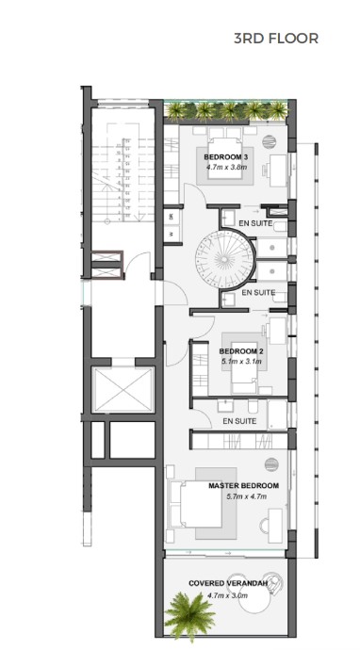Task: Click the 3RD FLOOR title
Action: click(276, 39)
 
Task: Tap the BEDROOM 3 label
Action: click(226, 156)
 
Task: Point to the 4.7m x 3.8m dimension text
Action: click(226, 167)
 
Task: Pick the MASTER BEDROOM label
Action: click(244, 486)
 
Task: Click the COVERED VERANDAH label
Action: click(225, 584)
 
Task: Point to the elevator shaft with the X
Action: click(121, 389)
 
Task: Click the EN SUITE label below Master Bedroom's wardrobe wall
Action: click(239, 421)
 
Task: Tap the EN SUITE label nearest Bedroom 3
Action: click(254, 222)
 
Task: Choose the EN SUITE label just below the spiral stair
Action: click(258, 293)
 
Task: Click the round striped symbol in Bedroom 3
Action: click(269, 142)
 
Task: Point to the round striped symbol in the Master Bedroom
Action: click(271, 463)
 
